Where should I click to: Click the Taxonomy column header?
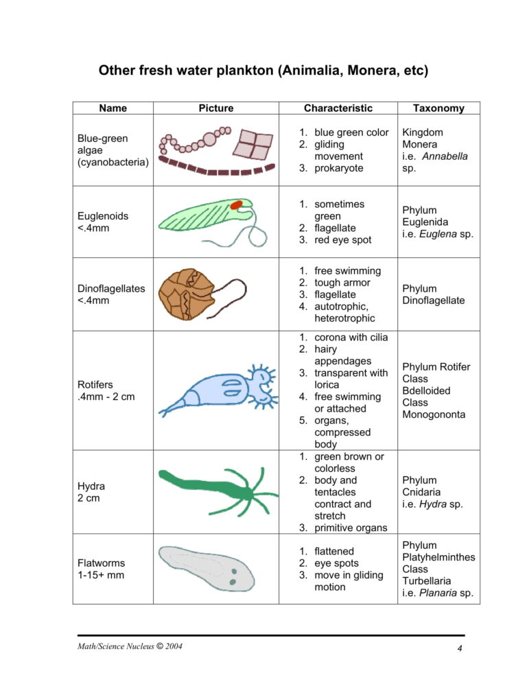pos(438,108)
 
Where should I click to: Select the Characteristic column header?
pos(338,108)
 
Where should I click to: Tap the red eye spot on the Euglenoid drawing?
pos(237,204)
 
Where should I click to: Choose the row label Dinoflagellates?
pos(112,288)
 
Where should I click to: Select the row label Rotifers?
pos(95,385)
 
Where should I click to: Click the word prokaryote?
pos(339,168)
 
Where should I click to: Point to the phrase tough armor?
pos(342,283)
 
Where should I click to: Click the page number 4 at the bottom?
pos(460,649)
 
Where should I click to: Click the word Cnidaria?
pos(421,492)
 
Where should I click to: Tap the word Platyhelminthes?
pos(438,557)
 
